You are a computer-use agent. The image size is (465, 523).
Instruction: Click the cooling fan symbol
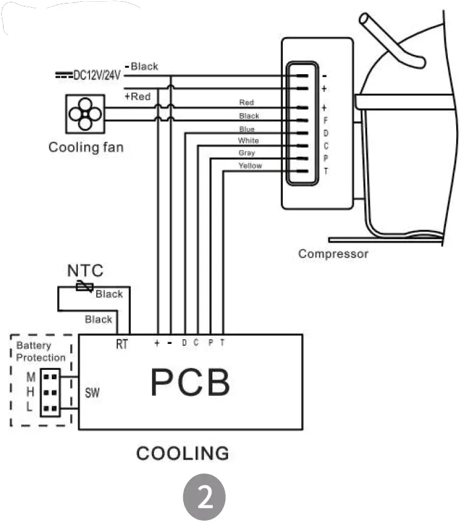click(x=85, y=114)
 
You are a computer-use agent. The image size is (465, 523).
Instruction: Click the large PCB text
click(x=190, y=382)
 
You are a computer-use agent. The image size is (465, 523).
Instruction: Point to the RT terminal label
click(x=122, y=345)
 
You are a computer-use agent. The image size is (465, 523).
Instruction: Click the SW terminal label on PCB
click(x=92, y=393)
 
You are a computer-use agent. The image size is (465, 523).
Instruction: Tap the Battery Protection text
click(x=41, y=352)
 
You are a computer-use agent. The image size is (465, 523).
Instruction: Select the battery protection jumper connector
click(x=50, y=392)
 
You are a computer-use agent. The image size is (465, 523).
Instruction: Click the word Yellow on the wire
click(x=250, y=166)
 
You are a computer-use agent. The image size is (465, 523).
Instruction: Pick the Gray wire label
click(x=247, y=153)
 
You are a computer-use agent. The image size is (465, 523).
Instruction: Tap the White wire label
click(x=248, y=141)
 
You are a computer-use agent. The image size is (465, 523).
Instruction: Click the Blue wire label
click(x=247, y=128)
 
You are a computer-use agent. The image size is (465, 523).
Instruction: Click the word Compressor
click(x=333, y=254)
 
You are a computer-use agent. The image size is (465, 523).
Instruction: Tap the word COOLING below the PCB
click(x=183, y=454)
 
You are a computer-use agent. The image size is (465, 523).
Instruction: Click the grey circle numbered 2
click(x=205, y=497)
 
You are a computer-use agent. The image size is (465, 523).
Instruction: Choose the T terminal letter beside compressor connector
click(x=326, y=171)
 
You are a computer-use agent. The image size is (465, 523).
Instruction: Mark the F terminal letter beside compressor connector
click(x=325, y=121)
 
